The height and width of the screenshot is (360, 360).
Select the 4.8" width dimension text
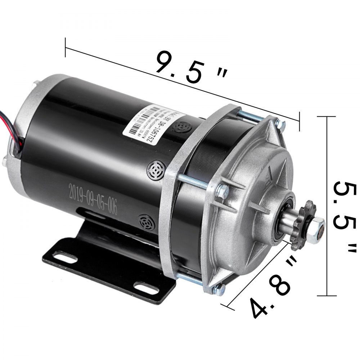(270, 288)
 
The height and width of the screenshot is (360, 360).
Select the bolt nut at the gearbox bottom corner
(220, 288)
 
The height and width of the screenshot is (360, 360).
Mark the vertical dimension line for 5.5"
(327, 205)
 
